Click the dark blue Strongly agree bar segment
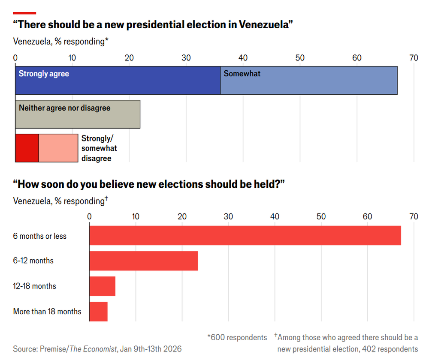[x=118, y=81]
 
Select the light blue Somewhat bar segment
[x=309, y=81]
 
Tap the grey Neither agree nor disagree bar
[x=78, y=114]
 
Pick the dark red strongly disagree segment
[x=27, y=148]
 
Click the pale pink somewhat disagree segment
[x=58, y=148]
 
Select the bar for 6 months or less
[x=245, y=236]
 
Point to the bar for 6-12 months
[x=143, y=261]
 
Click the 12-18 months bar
[x=102, y=286]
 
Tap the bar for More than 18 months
[x=98, y=311]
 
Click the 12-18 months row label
[x=35, y=286]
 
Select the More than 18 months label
[x=47, y=312]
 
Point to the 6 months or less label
[x=40, y=236]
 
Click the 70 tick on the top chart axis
[x=414, y=58]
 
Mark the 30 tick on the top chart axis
[x=186, y=58]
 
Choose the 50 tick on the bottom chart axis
[x=321, y=217]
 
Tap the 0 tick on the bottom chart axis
[x=89, y=217]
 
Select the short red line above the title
[x=25, y=13]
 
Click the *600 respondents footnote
[x=237, y=338]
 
